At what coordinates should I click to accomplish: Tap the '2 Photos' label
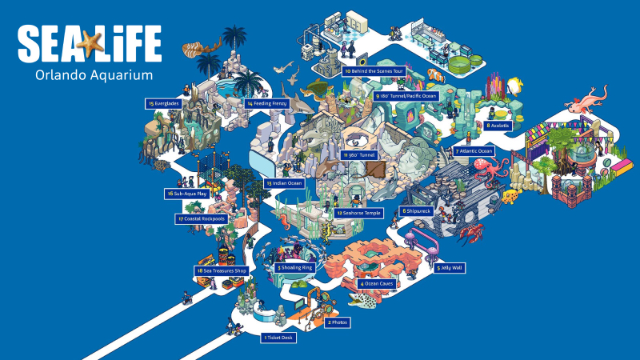[x=338, y=322]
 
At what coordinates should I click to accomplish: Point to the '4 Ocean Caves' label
[x=376, y=283]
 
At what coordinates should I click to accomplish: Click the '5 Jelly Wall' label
[x=449, y=267]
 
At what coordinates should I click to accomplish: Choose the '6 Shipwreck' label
[x=417, y=211]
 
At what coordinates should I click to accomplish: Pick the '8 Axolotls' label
[x=497, y=126]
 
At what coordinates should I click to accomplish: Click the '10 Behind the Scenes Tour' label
[x=374, y=72]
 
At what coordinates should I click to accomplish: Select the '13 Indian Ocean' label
[x=281, y=184]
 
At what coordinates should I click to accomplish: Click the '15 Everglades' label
[x=162, y=103]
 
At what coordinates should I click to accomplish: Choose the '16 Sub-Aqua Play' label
[x=188, y=193]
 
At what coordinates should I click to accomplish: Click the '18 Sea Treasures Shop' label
[x=219, y=270]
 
